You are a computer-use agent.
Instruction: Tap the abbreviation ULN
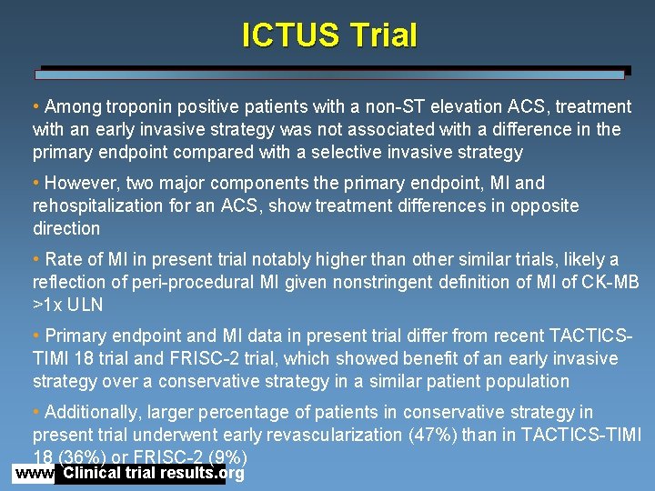coord(83,305)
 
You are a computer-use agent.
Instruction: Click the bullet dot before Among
coord(36,107)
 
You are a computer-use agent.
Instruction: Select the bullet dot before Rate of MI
coord(36,260)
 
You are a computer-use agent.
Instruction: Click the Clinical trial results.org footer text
coord(153,474)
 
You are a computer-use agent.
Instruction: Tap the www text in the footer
coord(34,474)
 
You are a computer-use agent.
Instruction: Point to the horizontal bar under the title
coord(332,74)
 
